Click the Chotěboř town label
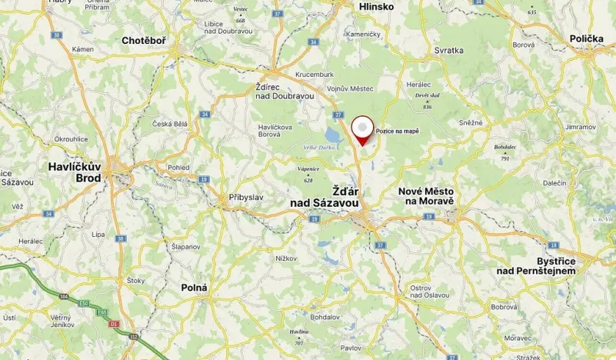(x=149, y=40)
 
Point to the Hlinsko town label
(x=375, y=7)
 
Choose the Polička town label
(x=587, y=38)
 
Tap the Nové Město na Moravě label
(x=426, y=196)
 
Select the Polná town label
(x=194, y=287)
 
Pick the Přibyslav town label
(x=246, y=198)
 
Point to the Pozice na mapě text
(x=398, y=132)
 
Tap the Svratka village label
(x=448, y=50)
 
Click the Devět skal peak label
(x=427, y=95)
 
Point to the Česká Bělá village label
(x=170, y=125)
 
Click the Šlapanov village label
(x=185, y=246)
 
